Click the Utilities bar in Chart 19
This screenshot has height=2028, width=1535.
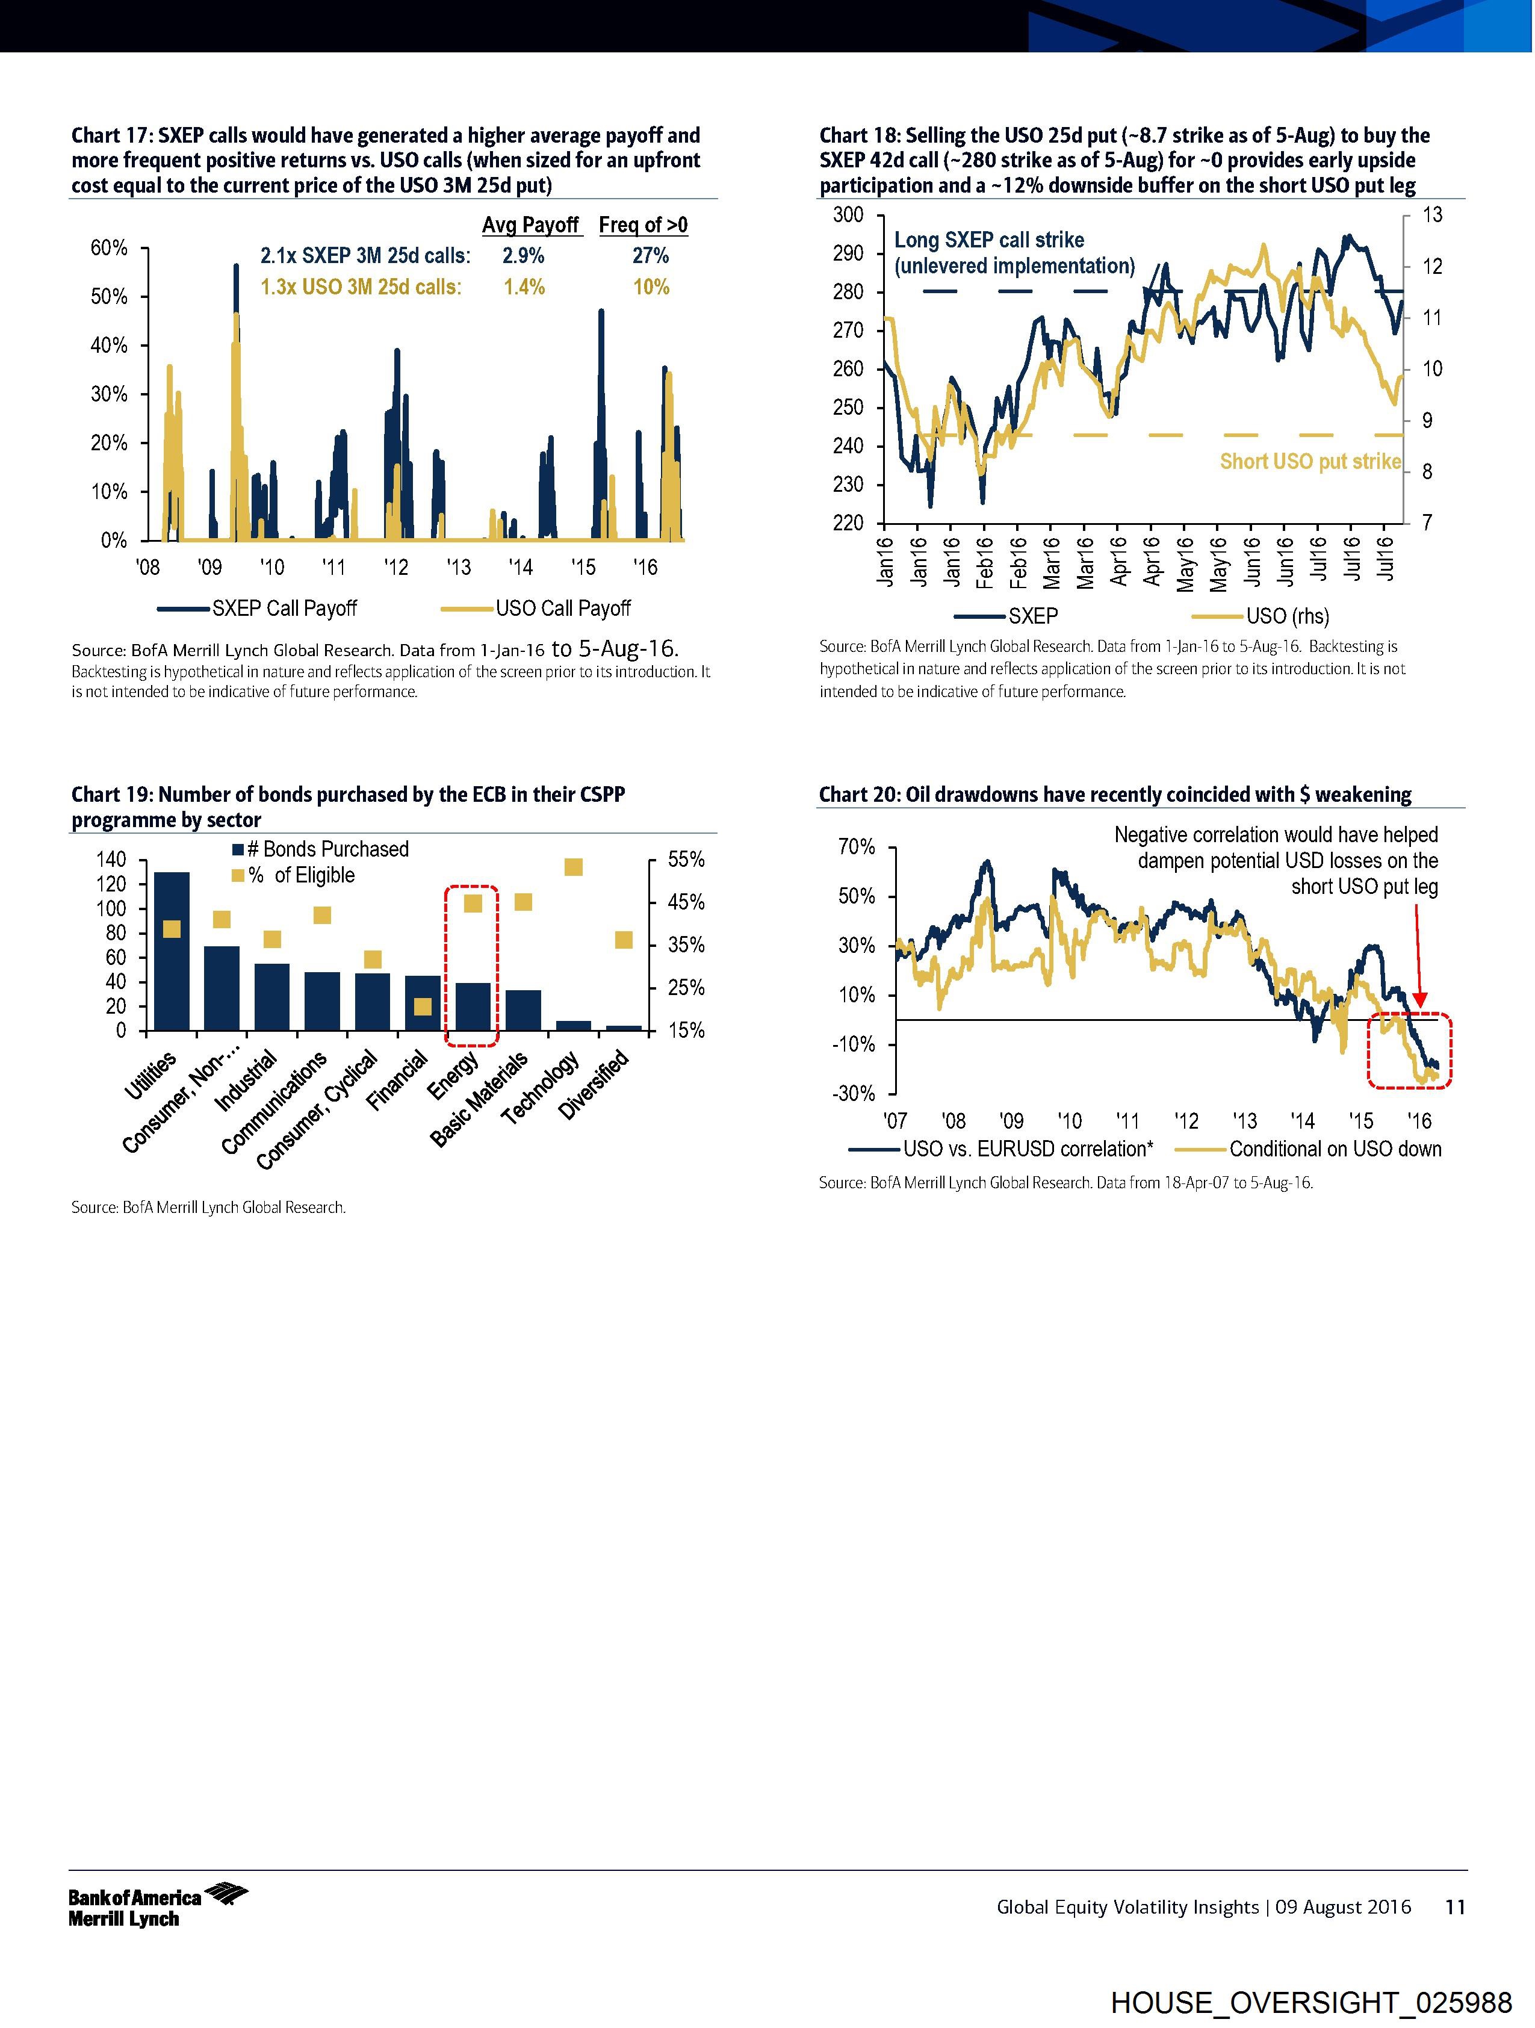pyautogui.click(x=172, y=954)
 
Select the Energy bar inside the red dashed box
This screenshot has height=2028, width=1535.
pyautogui.click(x=472, y=1008)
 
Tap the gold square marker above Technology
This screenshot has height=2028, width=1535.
pyautogui.click(x=573, y=867)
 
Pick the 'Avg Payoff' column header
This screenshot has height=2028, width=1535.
pyautogui.click(x=531, y=226)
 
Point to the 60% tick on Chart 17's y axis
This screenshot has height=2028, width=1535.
pyautogui.click(x=109, y=249)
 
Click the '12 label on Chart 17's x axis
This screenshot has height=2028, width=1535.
pyautogui.click(x=396, y=568)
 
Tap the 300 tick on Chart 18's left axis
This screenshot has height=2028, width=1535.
pyautogui.click(x=848, y=214)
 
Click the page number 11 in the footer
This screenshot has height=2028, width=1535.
pyautogui.click(x=1455, y=1907)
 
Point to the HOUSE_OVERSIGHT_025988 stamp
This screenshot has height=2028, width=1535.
pyautogui.click(x=1310, y=2002)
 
